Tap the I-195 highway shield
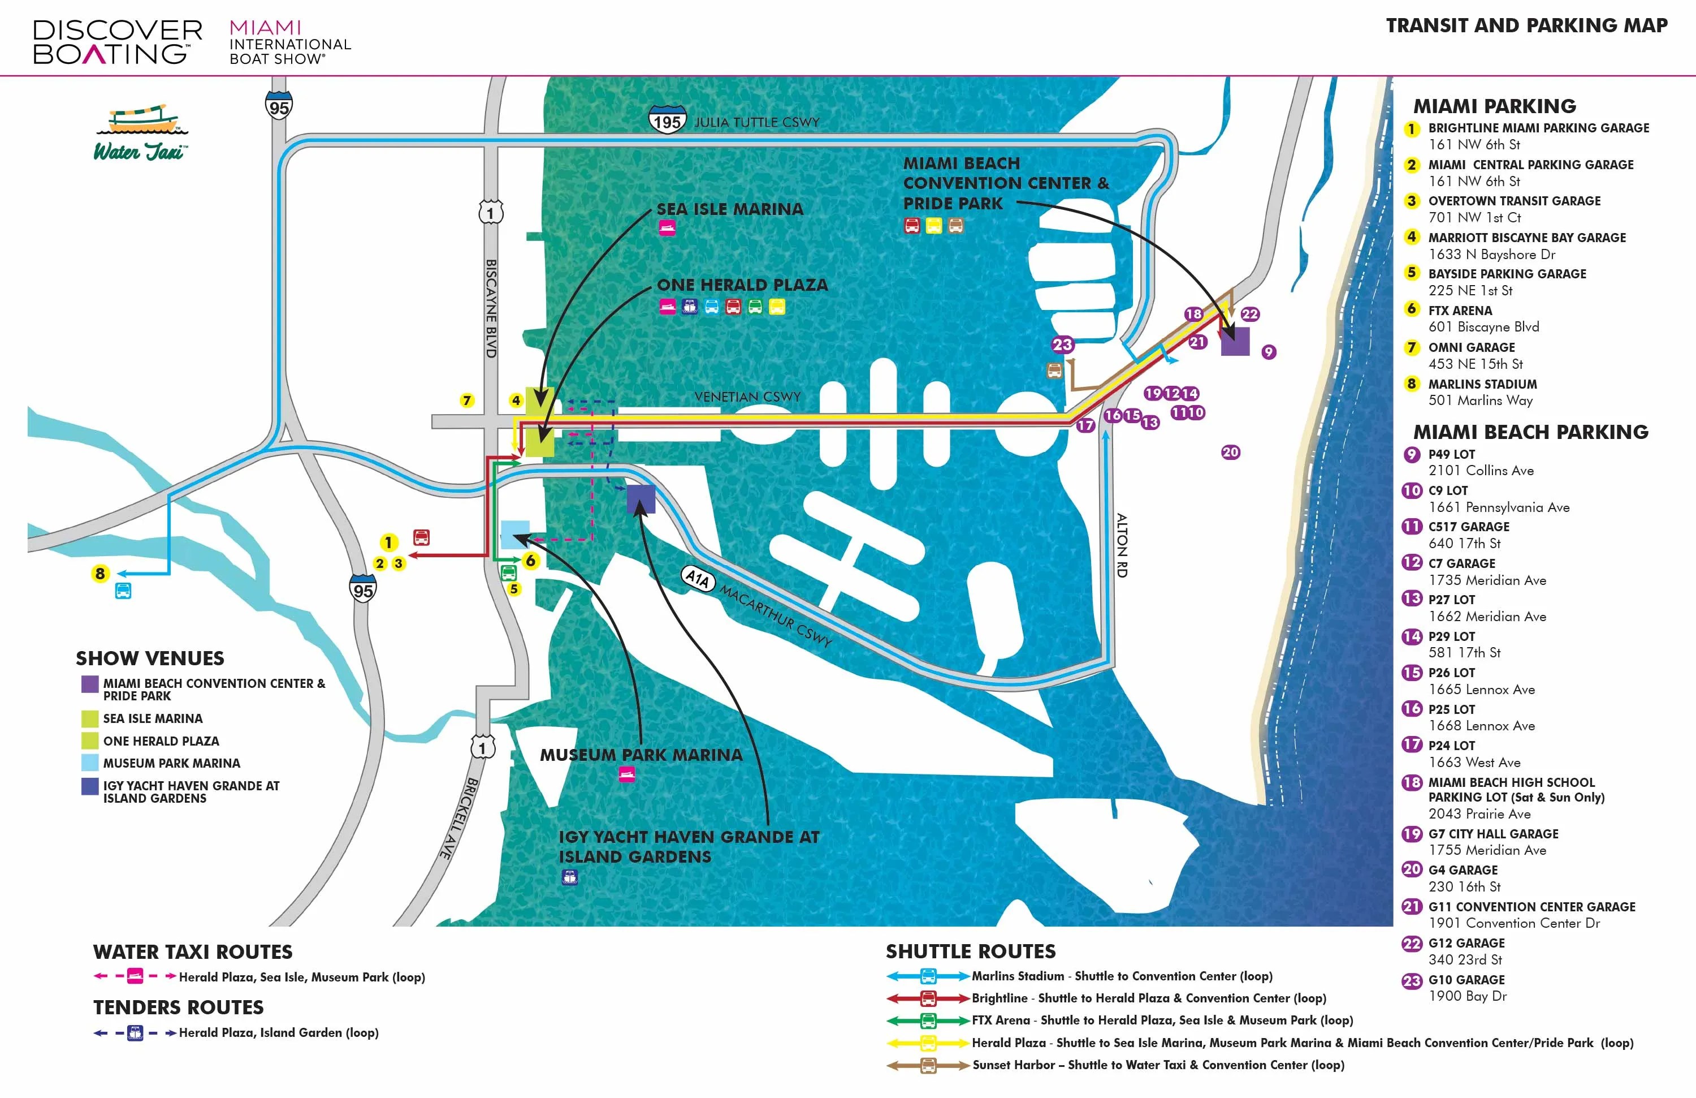click(667, 120)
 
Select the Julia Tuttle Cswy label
click(757, 123)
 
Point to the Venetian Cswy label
click(747, 397)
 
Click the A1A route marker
click(698, 578)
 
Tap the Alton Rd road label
click(1122, 545)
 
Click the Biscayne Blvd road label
click(491, 308)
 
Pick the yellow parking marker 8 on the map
click(99, 573)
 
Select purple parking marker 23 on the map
click(1062, 345)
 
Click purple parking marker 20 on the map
click(1231, 452)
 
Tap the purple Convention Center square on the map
click(1235, 341)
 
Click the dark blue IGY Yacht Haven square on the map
click(641, 499)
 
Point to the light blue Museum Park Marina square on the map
click(515, 535)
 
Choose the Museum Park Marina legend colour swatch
click(90, 762)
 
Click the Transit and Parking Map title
click(1526, 25)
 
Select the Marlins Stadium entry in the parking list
click(1482, 384)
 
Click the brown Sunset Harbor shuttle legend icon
click(928, 1066)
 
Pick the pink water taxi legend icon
click(135, 976)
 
